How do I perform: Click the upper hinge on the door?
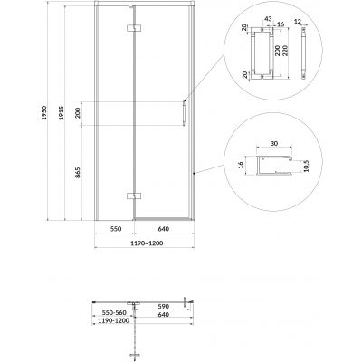(x=136, y=31)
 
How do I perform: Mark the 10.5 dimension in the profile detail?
(x=305, y=167)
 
